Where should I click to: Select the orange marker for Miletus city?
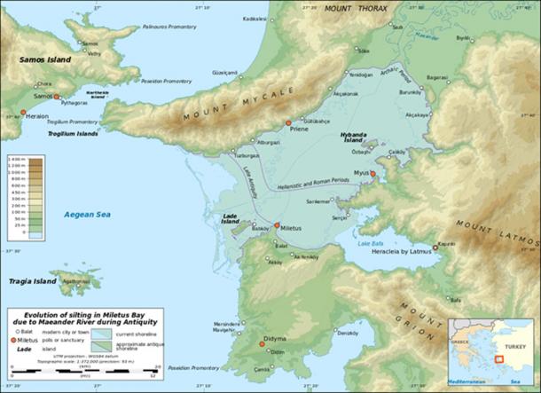pyautogui.click(x=276, y=225)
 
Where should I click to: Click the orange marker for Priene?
pyautogui.click(x=287, y=123)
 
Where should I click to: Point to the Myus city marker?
pyautogui.click(x=372, y=174)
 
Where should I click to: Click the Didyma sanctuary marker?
pyautogui.click(x=262, y=342)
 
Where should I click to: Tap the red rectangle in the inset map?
pyautogui.click(x=499, y=359)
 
